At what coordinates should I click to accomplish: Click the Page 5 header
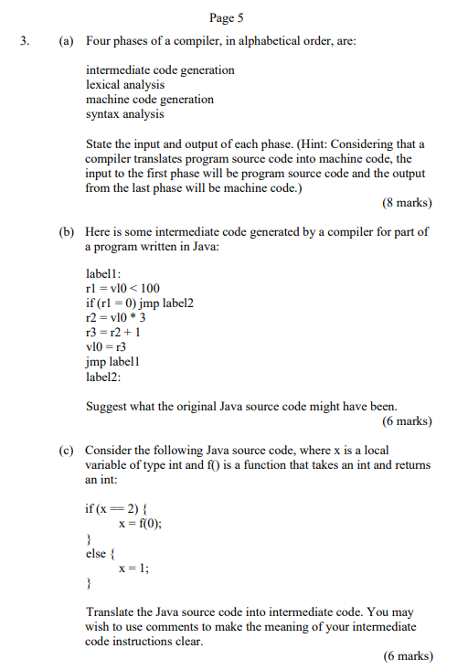tap(225, 17)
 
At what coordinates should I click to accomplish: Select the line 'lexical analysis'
tap(125, 84)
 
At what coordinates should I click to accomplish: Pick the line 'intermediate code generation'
tap(159, 69)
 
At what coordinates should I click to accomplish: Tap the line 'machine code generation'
tap(149, 99)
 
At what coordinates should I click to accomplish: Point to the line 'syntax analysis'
tap(124, 113)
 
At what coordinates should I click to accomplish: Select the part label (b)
tap(65, 232)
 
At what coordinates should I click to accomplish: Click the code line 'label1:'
tap(105, 273)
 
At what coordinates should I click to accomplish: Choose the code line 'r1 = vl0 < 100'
tap(122, 288)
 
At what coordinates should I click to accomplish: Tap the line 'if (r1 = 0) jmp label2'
tap(140, 303)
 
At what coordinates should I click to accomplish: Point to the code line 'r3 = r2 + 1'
tap(112, 332)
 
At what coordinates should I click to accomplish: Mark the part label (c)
tap(65, 451)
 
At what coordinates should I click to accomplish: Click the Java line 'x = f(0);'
tap(140, 524)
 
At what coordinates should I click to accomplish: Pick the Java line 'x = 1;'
tap(134, 567)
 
